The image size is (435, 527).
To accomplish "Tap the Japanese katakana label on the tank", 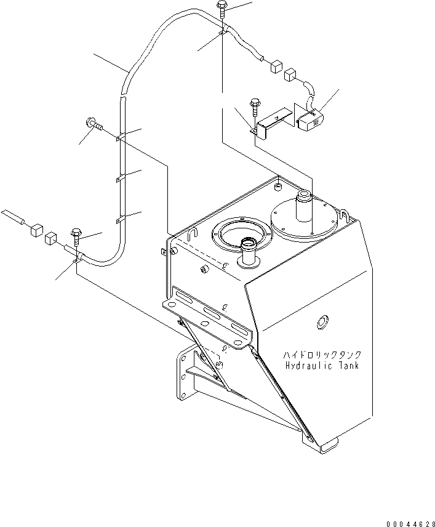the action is point(322,355).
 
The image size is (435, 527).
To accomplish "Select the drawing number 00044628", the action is point(410,524).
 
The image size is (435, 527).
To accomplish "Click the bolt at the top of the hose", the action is point(221,9).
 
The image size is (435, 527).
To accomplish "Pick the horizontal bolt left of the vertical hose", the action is point(94,123).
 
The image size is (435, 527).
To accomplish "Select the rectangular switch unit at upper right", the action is point(309,120).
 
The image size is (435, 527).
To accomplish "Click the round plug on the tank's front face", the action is point(322,322).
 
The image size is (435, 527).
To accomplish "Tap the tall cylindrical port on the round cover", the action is point(304,206).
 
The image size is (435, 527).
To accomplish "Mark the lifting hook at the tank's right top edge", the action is point(345,215).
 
